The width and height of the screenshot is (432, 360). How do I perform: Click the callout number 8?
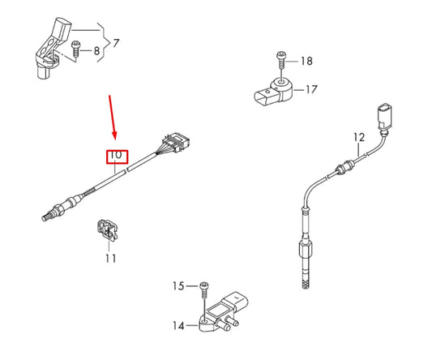point(98,51)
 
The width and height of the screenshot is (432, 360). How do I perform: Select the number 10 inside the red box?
point(116,155)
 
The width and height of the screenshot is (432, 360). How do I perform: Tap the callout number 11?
point(110,258)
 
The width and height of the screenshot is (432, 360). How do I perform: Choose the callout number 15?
point(178,285)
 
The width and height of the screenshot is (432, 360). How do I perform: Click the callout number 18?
point(306,61)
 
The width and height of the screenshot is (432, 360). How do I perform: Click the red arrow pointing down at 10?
point(113,118)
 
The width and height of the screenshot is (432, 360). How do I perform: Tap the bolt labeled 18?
point(280,58)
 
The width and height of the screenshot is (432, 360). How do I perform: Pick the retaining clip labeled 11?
point(106,230)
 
